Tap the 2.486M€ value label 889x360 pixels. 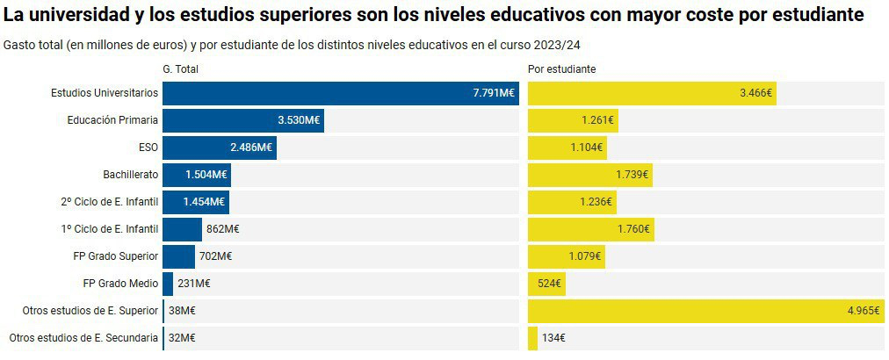(x=251, y=148)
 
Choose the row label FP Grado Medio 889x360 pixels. (x=120, y=284)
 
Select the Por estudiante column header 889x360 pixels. (x=562, y=69)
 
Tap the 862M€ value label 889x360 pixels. (x=222, y=229)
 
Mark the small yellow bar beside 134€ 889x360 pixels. (x=532, y=338)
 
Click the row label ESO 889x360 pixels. (x=148, y=148)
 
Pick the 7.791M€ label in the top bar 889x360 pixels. (x=494, y=93)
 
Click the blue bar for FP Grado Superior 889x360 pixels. (x=178, y=256)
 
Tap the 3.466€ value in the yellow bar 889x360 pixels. (x=755, y=93)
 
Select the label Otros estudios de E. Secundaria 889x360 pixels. (x=83, y=338)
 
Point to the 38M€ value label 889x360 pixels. (x=181, y=311)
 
